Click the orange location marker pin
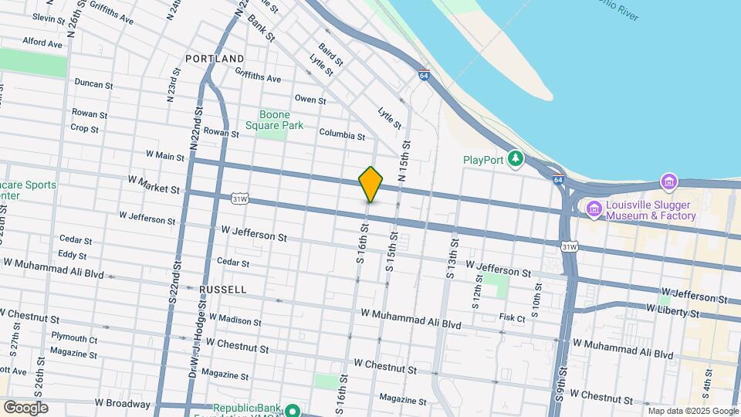370,185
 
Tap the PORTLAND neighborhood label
215,59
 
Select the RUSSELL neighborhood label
222,290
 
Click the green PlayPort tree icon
515,160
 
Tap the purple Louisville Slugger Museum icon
594,208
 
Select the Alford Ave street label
42,43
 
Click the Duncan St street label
94,82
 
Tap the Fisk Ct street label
512,317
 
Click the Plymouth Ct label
74,338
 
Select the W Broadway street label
122,403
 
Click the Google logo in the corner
25,407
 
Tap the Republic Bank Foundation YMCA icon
293,409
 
